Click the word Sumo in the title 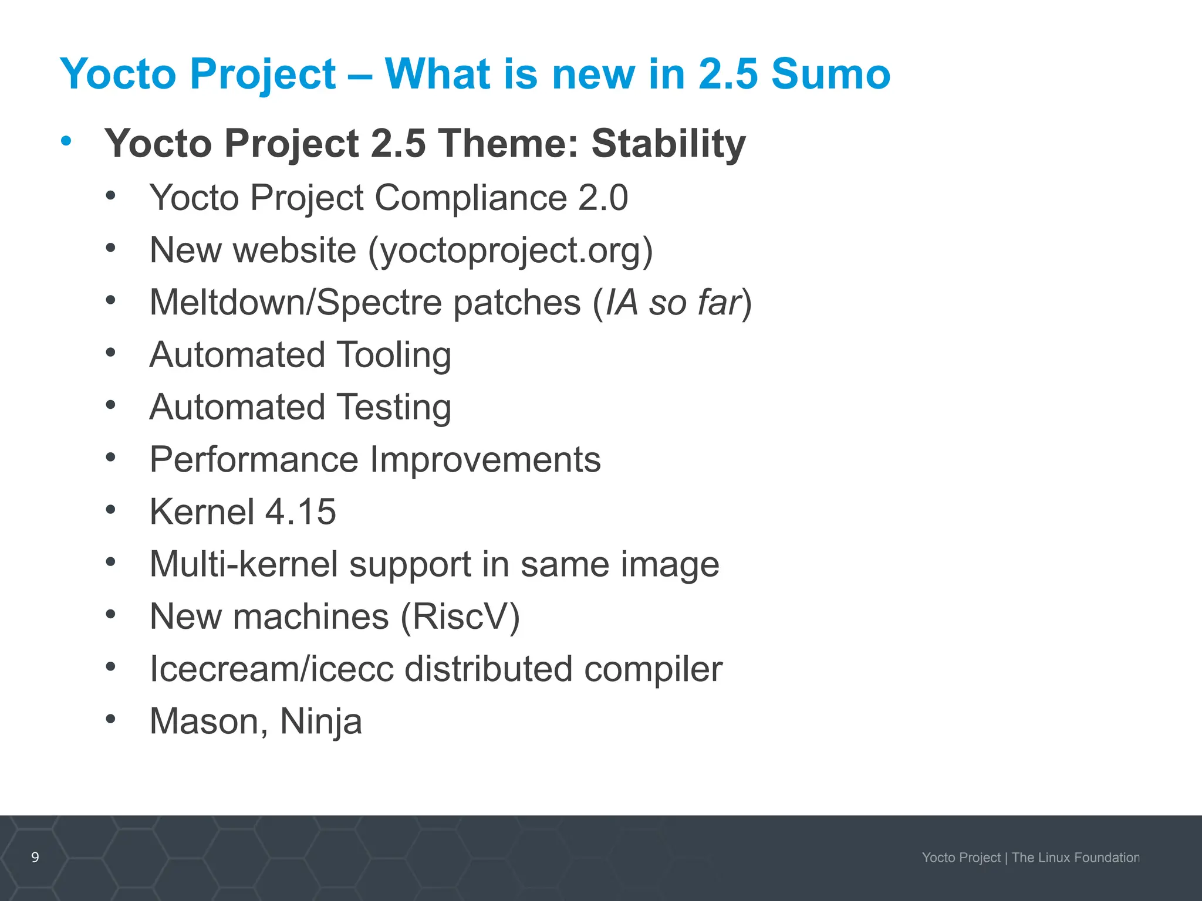coord(830,74)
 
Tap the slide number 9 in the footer coord(35,858)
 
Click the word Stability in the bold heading coord(668,144)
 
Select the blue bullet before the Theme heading coord(66,141)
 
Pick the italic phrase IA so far coord(673,303)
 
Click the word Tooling coord(394,355)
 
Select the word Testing coord(394,408)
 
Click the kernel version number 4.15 coord(300,512)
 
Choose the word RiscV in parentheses coord(460,617)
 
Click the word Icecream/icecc coord(271,669)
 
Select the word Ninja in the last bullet coord(320,722)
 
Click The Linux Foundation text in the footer coord(1075,858)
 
